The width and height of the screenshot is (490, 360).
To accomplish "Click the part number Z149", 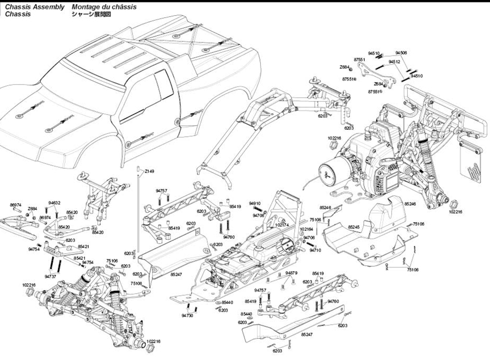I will pyautogui.click(x=149, y=171).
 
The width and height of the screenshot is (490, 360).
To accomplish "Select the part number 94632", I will pyautogui.click(x=54, y=202).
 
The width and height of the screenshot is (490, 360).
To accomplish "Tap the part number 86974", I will pyautogui.click(x=16, y=205).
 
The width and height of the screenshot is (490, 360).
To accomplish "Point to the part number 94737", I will pyautogui.click(x=50, y=277).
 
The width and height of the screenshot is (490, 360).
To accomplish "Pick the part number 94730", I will pyautogui.click(x=187, y=315).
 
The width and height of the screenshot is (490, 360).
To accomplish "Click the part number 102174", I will pyautogui.click(x=282, y=224).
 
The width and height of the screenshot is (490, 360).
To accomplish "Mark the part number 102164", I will pyautogui.click(x=307, y=229).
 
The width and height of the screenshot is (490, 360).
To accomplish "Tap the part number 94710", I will pyautogui.click(x=316, y=250).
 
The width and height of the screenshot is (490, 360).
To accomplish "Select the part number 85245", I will pyautogui.click(x=354, y=226).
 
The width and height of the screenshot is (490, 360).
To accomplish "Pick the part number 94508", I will pyautogui.click(x=401, y=53).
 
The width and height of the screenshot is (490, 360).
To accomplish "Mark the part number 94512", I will pyautogui.click(x=395, y=62).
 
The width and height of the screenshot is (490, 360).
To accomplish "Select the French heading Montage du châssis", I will pyautogui.click(x=104, y=7).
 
